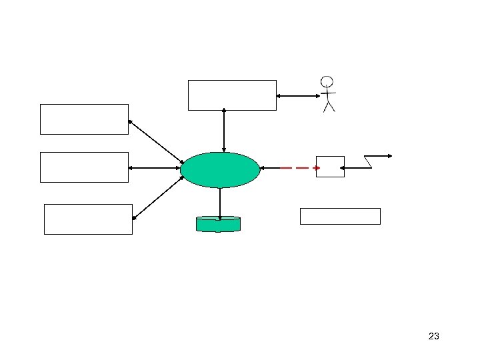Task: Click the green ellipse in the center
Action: (x=220, y=170)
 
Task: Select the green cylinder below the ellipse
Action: (x=218, y=224)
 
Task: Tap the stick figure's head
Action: (x=326, y=83)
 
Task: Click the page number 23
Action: (x=433, y=336)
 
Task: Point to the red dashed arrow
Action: (x=299, y=168)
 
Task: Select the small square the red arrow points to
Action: (x=330, y=167)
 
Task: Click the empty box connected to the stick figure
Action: (x=232, y=95)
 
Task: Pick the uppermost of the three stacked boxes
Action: (x=84, y=119)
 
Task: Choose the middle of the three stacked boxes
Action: (x=84, y=167)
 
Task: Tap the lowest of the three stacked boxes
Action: (x=88, y=219)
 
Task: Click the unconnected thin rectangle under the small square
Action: (x=340, y=216)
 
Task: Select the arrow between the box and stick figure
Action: (x=298, y=96)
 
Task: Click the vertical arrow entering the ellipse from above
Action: (x=224, y=131)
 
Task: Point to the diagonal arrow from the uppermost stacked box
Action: (x=155, y=141)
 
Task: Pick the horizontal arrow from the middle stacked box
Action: (x=154, y=168)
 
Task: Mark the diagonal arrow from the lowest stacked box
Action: (x=158, y=198)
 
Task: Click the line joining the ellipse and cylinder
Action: (x=219, y=202)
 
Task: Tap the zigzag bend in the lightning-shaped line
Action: (x=368, y=162)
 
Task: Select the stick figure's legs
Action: (x=328, y=107)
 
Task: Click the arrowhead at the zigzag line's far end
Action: (x=389, y=156)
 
